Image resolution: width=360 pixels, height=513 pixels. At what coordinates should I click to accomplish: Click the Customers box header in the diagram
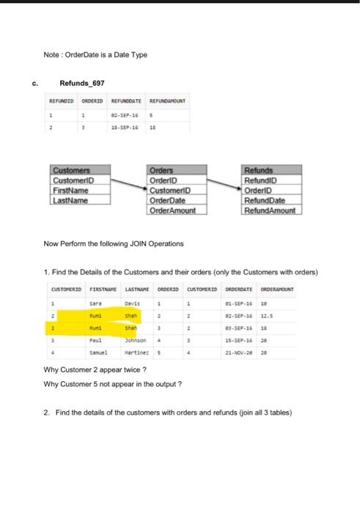tap(72, 170)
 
